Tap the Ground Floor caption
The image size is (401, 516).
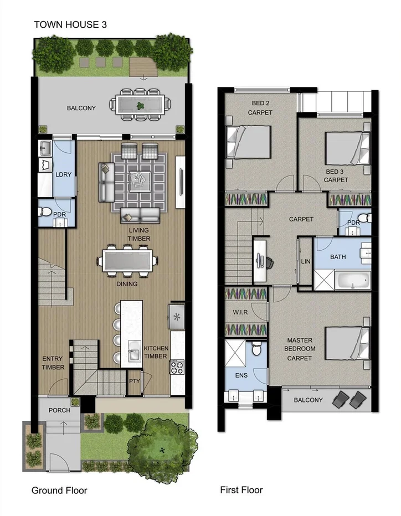tap(59, 490)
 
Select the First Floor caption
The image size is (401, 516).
tap(241, 489)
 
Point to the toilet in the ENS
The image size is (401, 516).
tap(256, 349)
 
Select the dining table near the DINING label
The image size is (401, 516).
tap(127, 260)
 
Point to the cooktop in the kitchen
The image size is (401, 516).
tap(177, 368)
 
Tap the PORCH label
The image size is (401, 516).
tap(60, 411)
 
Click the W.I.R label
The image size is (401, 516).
tap(239, 312)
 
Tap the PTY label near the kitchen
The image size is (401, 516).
tap(134, 381)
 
